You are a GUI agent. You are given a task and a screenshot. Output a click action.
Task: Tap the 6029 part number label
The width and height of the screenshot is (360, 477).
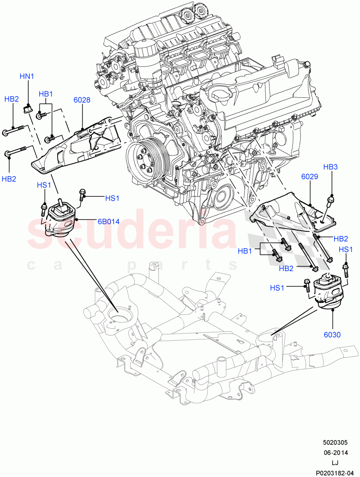coord(309,176)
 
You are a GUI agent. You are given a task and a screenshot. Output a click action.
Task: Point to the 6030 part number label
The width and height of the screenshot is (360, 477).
coord(332,335)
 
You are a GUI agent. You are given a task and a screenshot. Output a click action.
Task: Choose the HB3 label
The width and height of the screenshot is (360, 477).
coord(330,167)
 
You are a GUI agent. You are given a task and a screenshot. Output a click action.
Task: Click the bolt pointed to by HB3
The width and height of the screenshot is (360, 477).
coord(328,207)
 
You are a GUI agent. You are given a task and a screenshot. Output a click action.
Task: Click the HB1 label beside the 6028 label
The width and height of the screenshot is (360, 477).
coord(46,94)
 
